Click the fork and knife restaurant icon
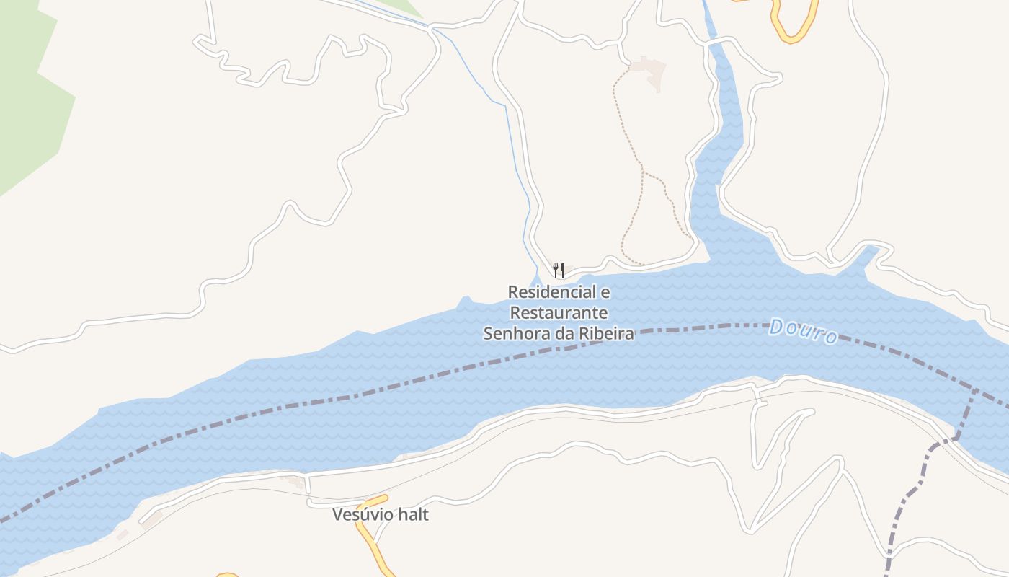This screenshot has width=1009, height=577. [559, 270]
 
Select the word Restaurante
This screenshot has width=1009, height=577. [559, 313]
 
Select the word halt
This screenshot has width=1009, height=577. [415, 515]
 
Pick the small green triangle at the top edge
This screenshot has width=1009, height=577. [404, 7]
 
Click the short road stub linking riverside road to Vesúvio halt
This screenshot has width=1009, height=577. [308, 487]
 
